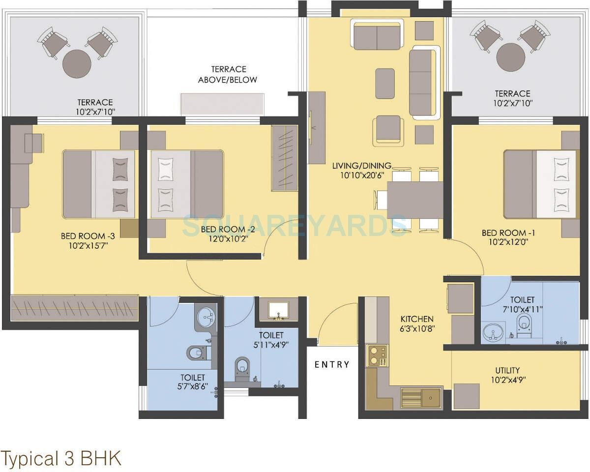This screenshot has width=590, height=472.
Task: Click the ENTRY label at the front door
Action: tap(332, 364)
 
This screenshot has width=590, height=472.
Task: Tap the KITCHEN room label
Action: tap(416, 319)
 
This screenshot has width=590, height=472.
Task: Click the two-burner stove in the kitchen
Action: tap(377, 355)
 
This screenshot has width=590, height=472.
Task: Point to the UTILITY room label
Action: tap(507, 370)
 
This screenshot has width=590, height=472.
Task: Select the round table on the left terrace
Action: tap(77, 63)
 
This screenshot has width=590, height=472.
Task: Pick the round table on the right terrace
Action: tap(511, 58)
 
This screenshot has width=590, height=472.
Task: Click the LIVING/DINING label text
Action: tap(361, 166)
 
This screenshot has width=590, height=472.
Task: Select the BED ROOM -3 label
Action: tap(85, 236)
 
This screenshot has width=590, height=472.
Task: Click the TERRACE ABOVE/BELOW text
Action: tap(228, 75)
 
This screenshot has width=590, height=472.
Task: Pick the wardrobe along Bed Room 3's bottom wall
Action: tap(75, 308)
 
